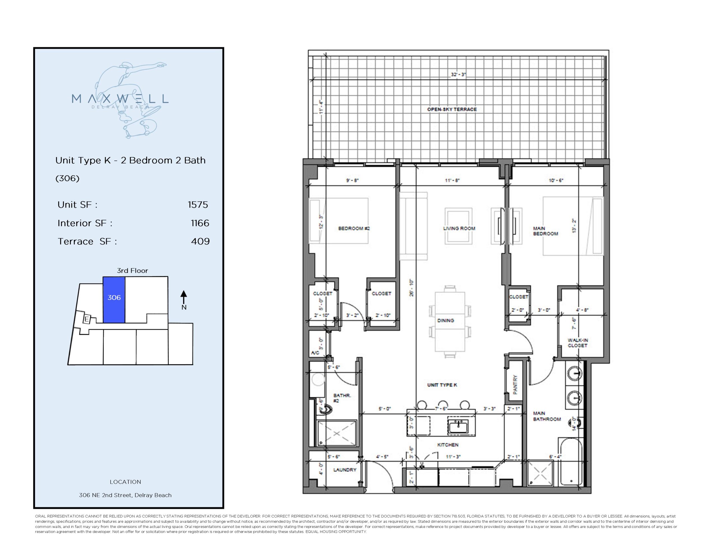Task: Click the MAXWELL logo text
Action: click(x=120, y=99)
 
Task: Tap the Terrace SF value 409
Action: click(x=200, y=241)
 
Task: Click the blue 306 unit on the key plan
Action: click(x=114, y=299)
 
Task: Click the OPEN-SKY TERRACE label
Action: click(x=452, y=109)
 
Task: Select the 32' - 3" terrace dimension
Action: click(x=458, y=75)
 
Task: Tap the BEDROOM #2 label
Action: click(x=354, y=228)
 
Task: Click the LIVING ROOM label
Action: click(x=459, y=228)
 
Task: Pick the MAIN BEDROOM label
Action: click(x=545, y=231)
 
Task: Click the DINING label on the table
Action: click(x=446, y=320)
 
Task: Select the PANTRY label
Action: click(x=515, y=385)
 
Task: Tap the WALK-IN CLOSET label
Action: click(x=578, y=343)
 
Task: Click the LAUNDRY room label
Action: click(x=345, y=470)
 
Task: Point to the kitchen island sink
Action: click(x=459, y=427)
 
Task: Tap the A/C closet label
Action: click(x=315, y=353)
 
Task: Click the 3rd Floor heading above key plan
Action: click(x=132, y=271)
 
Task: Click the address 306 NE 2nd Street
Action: click(x=125, y=495)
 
